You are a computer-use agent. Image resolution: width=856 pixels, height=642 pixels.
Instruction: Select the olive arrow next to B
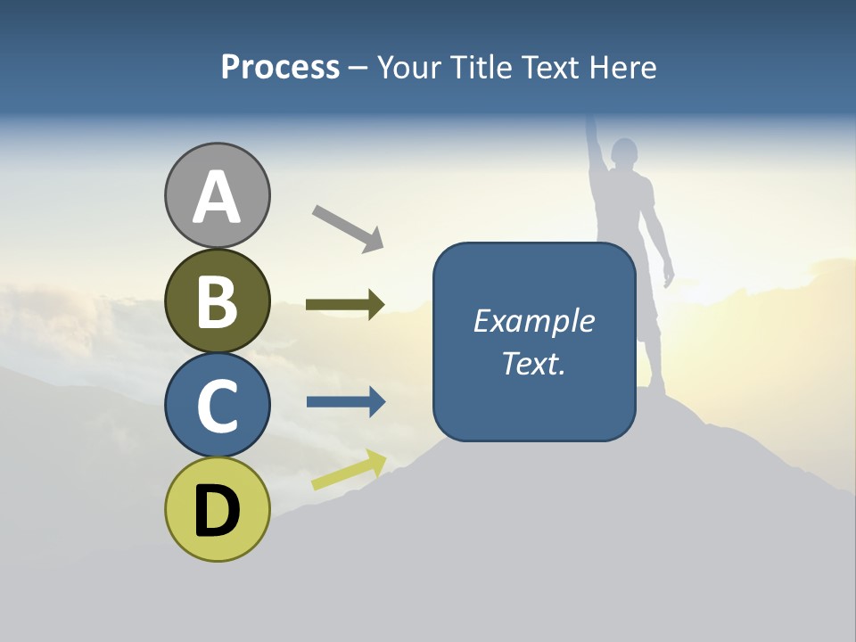tap(345, 304)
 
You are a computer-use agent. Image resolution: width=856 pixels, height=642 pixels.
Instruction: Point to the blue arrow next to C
tap(346, 402)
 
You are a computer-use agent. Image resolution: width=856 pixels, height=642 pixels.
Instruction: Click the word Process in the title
tap(280, 68)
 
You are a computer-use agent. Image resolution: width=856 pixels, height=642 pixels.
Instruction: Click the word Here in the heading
tap(622, 68)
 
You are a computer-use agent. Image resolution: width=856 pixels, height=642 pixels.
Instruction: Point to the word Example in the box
tap(533, 321)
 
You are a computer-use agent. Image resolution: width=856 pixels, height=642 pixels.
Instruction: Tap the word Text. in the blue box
tap(533, 364)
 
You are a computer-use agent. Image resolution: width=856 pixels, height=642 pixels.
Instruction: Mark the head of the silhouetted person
tap(624, 153)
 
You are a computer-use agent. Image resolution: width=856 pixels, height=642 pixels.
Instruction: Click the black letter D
tap(217, 512)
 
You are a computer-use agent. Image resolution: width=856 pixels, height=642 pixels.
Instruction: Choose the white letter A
tap(217, 197)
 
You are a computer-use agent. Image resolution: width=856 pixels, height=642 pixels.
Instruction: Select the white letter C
tap(217, 406)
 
